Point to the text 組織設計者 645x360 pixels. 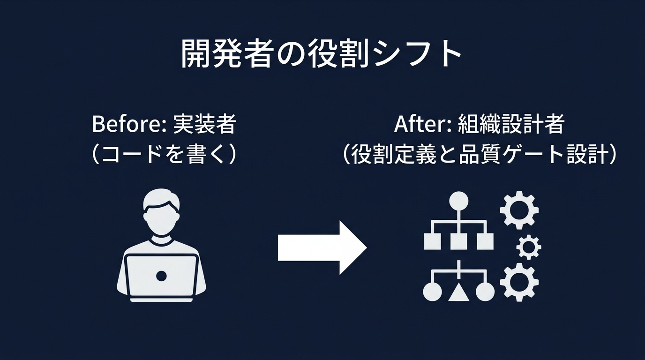[x=511, y=124]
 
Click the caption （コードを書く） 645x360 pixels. [x=163, y=155]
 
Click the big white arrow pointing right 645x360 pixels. [x=322, y=247]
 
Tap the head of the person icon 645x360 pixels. [x=161, y=213]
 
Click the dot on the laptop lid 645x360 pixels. [x=161, y=276]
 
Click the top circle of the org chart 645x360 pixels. [x=458, y=201]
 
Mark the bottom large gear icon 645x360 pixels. [x=519, y=282]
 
